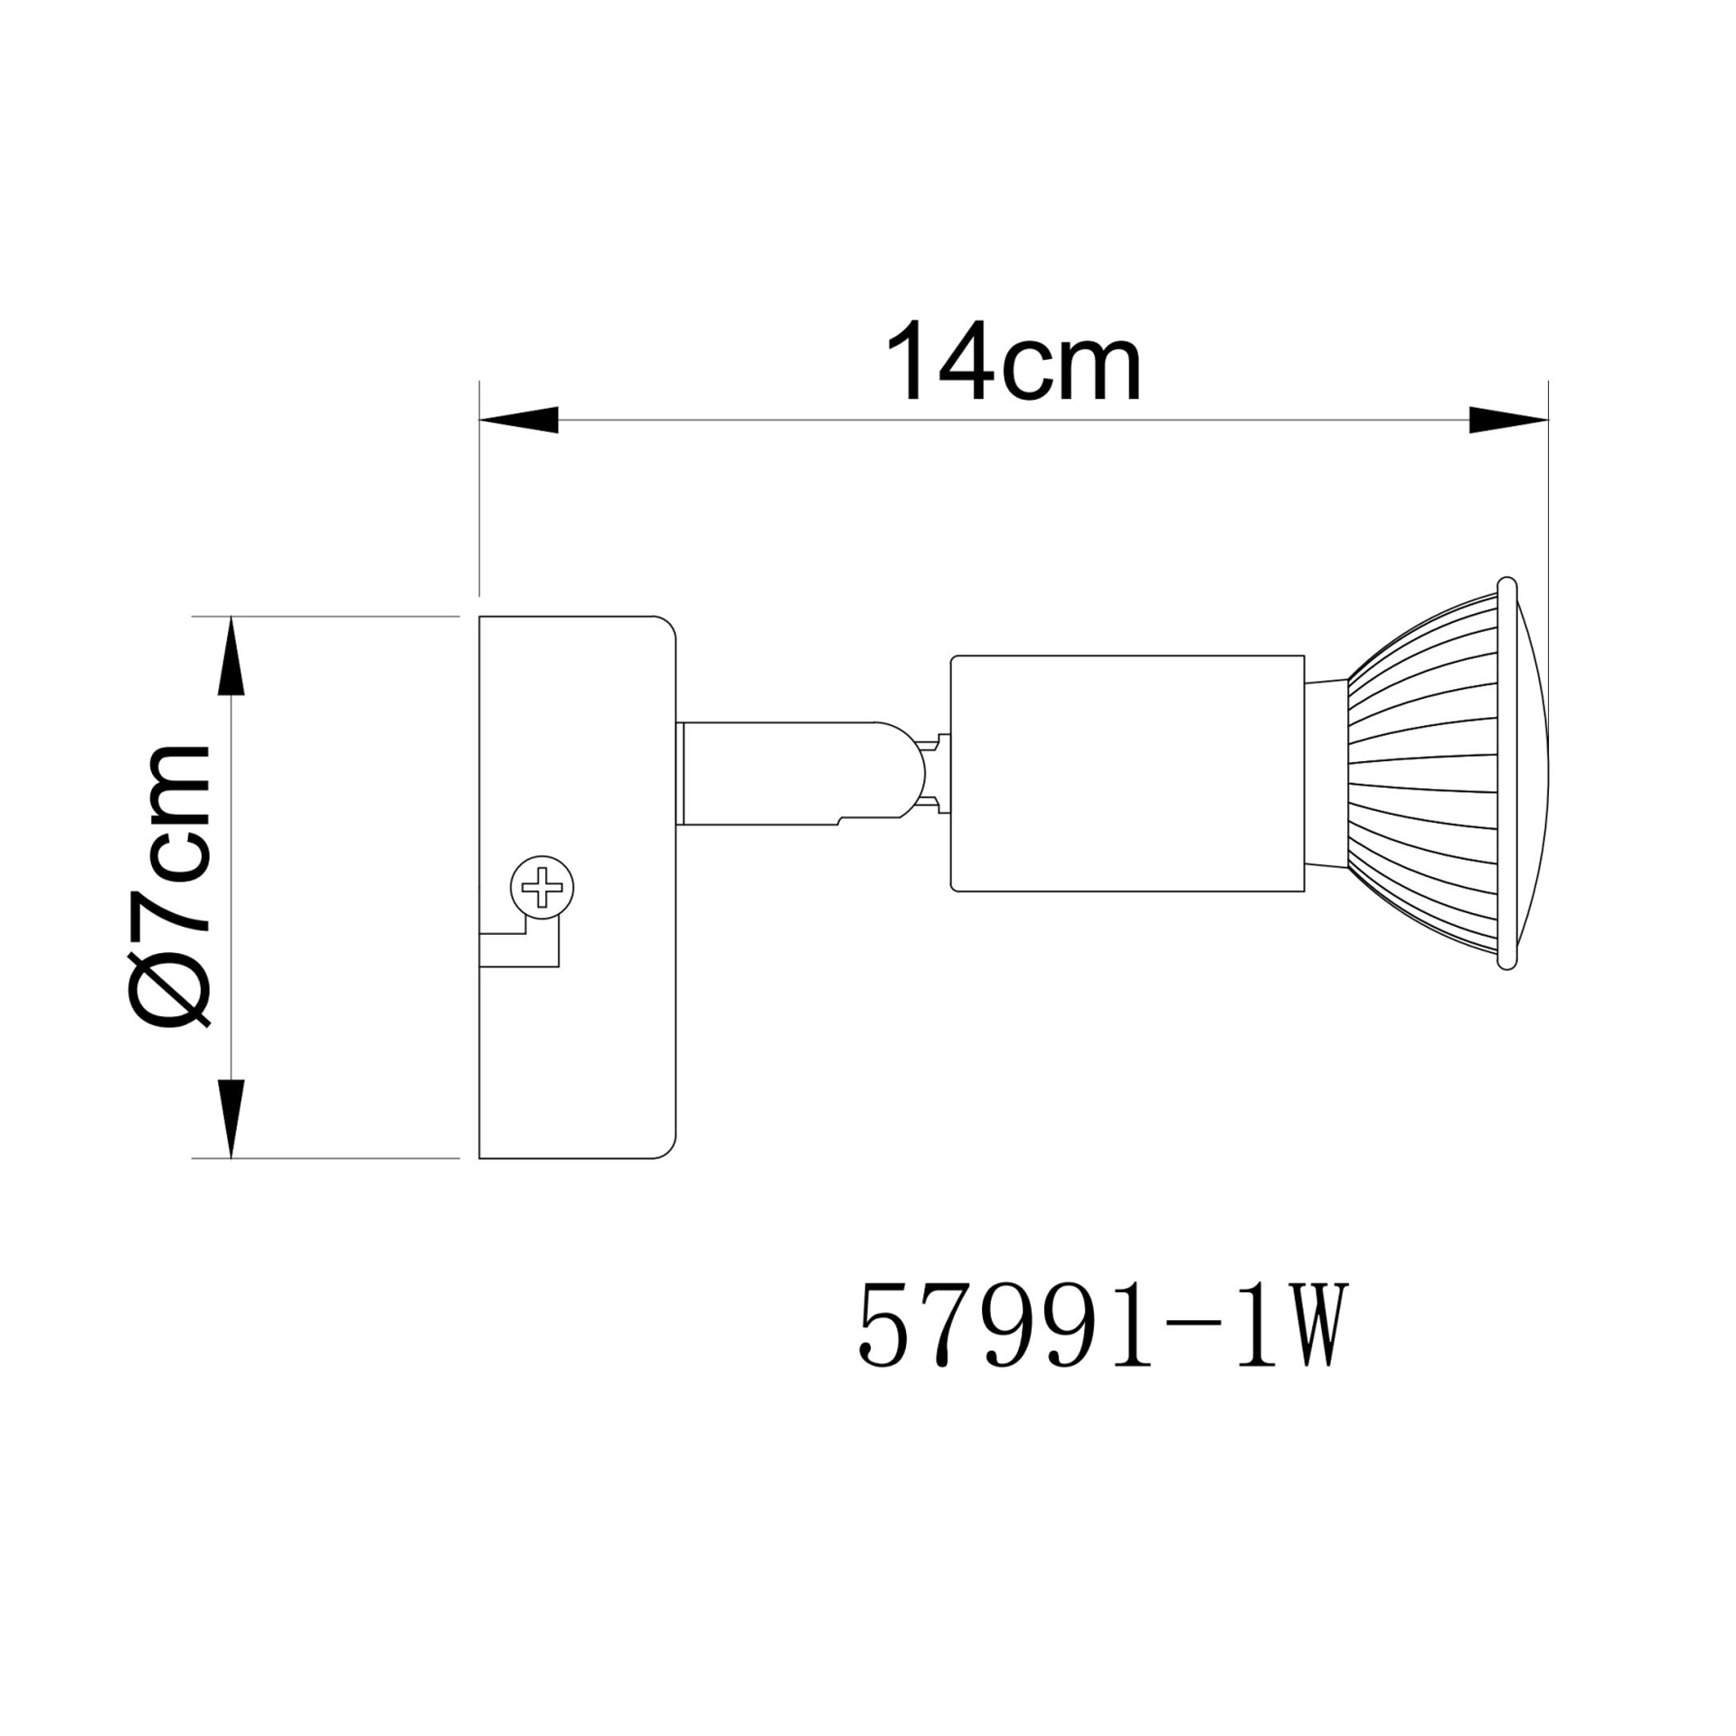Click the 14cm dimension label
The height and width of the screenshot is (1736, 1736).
tap(1013, 362)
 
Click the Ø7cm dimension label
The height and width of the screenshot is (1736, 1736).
tap(170, 886)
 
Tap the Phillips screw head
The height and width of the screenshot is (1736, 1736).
tap(542, 887)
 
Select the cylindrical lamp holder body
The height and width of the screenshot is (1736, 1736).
tap(1127, 774)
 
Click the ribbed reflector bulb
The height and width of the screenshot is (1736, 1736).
tap(1429, 774)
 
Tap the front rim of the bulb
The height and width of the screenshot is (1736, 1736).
tap(1505, 774)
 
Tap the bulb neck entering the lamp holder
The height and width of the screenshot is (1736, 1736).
tap(1326, 774)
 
